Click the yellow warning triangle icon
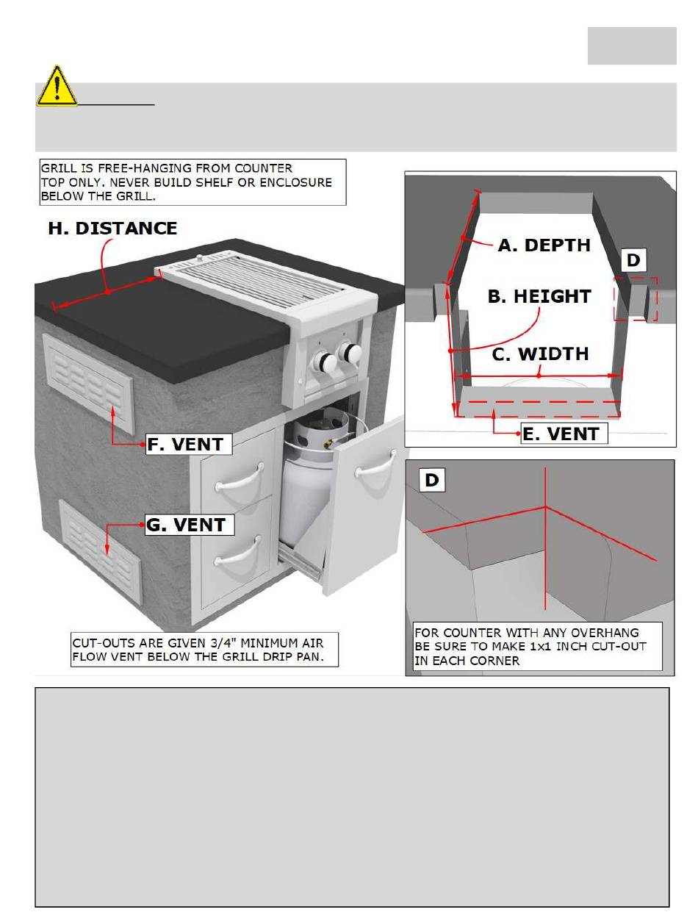point(57,87)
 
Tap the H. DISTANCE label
point(112,228)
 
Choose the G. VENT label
point(190,525)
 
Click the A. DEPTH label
point(544,245)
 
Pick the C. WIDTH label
point(540,354)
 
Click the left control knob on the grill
point(321,362)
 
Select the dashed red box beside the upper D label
point(636,298)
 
